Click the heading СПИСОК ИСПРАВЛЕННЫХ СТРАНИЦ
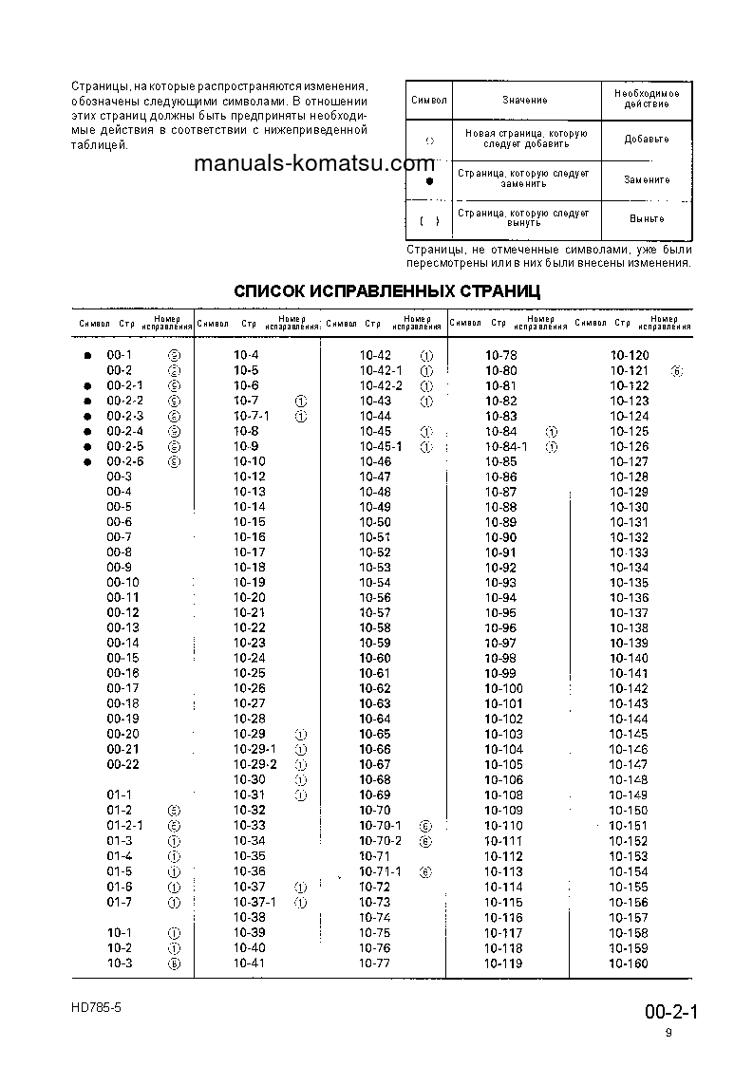click(386, 290)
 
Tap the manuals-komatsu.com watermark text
click(313, 163)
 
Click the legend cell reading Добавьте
click(646, 140)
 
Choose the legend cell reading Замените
click(646, 179)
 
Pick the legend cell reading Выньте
click(646, 218)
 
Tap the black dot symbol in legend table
click(429, 180)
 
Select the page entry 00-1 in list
click(120, 355)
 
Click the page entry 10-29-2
click(255, 764)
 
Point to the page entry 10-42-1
click(381, 370)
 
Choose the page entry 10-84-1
click(506, 446)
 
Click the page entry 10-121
click(629, 370)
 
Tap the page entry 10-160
click(629, 963)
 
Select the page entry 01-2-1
click(124, 825)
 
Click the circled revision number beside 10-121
click(676, 370)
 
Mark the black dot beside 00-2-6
click(86, 461)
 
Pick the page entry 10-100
click(503, 688)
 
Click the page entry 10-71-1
click(381, 870)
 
